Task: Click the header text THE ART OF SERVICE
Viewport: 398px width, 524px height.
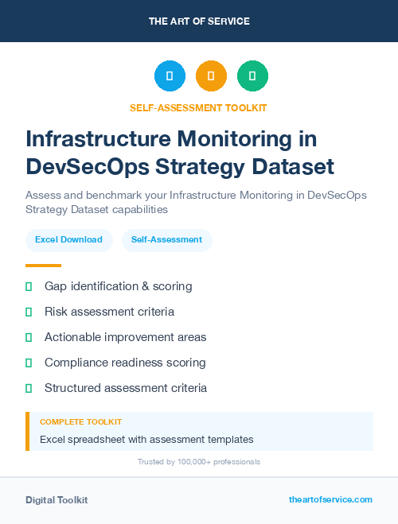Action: coord(199,21)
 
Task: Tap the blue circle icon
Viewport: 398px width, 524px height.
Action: coord(170,76)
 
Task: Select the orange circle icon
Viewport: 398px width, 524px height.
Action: coord(211,76)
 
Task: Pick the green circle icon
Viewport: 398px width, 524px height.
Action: coord(252,76)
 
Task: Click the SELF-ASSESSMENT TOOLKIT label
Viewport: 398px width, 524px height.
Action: coord(199,107)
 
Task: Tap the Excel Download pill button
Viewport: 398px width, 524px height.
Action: coord(68,239)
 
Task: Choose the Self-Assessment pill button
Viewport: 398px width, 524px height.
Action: coord(166,239)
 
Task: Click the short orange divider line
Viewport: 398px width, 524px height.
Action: coord(43,266)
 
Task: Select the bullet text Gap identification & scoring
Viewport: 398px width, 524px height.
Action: coord(118,286)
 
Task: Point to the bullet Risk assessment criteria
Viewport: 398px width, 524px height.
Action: coord(109,312)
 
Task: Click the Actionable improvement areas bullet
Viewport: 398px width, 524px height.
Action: coord(125,337)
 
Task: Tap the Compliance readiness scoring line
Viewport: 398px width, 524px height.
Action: coord(125,363)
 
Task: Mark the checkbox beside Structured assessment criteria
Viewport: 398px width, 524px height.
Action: coord(29,388)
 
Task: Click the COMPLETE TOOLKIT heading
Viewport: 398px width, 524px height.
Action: coord(80,421)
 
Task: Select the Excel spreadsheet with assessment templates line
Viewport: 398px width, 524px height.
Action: coord(146,439)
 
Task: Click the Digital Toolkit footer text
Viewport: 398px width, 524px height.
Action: coord(57,500)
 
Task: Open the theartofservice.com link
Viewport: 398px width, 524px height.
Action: coord(330,499)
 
